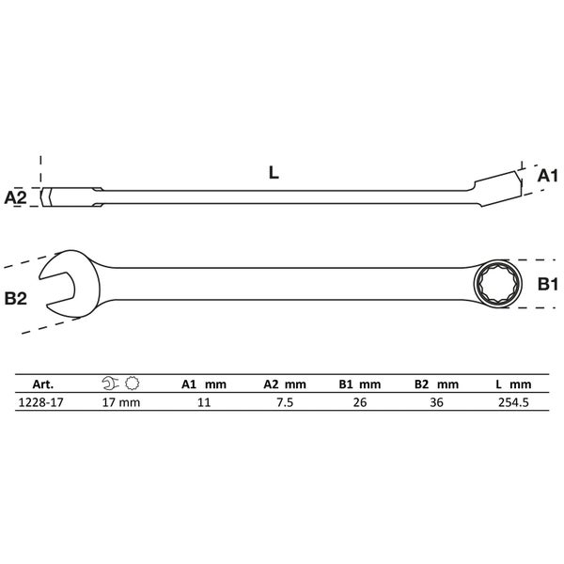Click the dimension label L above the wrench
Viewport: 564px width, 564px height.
click(x=274, y=173)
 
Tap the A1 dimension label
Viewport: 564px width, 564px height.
click(x=547, y=177)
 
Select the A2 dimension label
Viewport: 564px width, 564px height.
click(x=15, y=197)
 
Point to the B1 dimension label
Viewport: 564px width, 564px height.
click(x=547, y=284)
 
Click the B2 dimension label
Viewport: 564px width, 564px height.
click(x=15, y=299)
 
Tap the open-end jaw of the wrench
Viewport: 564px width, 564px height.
click(x=69, y=284)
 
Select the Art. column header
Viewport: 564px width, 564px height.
click(x=43, y=384)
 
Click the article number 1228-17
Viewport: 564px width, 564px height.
click(x=40, y=402)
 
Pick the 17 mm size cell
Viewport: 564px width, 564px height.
click(x=121, y=402)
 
